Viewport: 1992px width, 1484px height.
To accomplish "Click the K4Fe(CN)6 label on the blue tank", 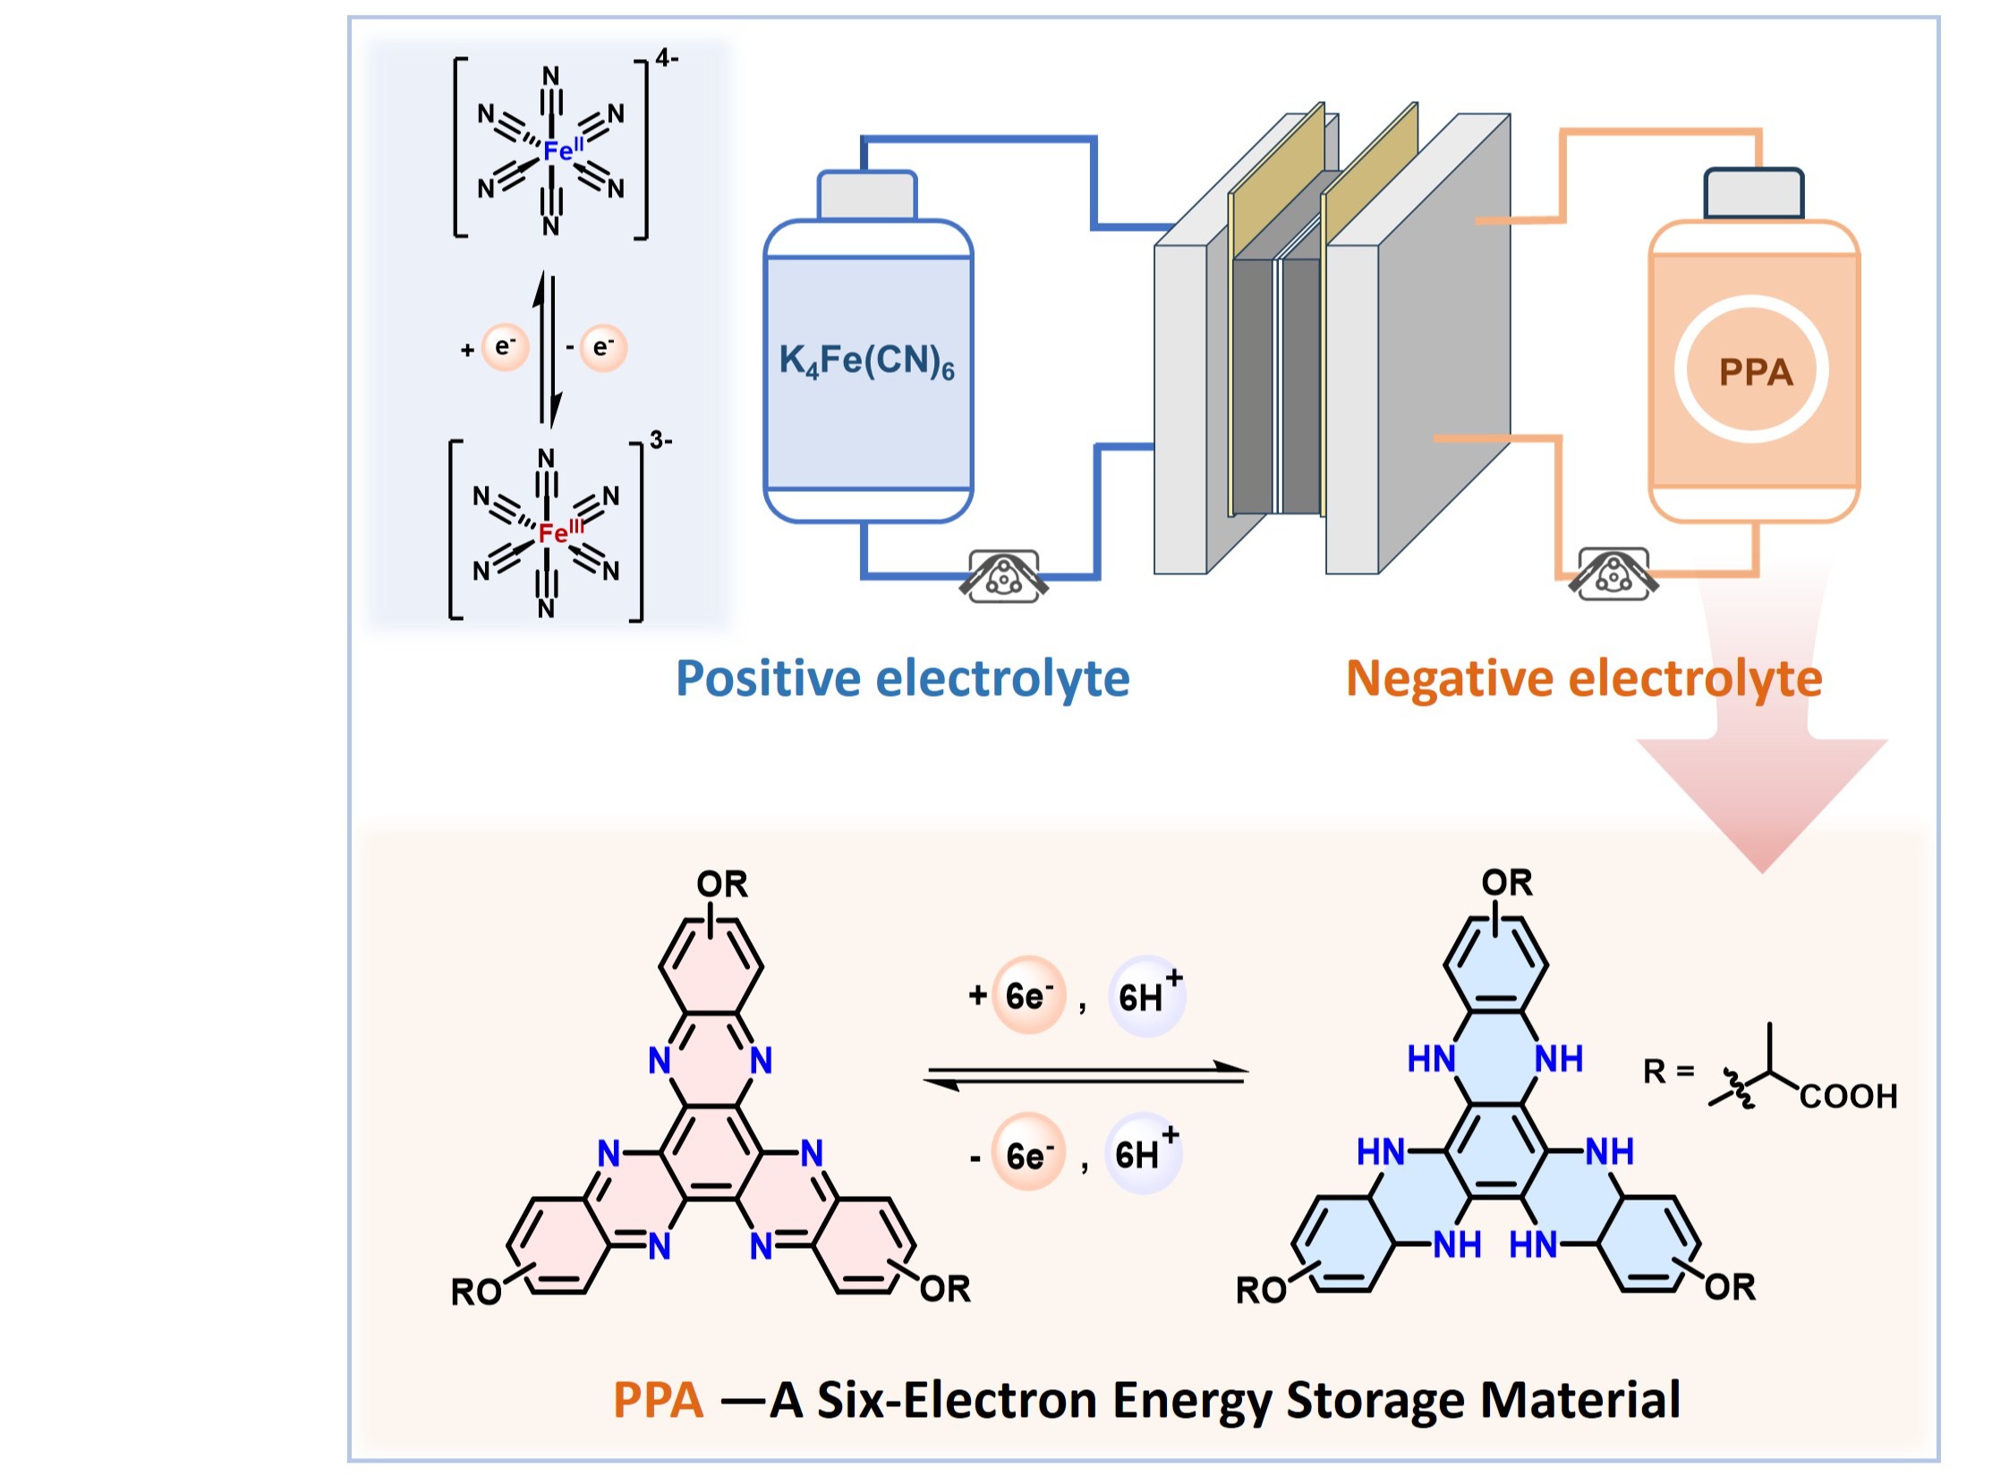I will point(866,362).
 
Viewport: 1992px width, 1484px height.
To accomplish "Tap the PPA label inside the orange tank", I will point(1755,372).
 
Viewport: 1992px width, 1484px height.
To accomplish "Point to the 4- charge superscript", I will point(667,59).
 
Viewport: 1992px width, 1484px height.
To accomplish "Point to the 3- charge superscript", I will point(661,441).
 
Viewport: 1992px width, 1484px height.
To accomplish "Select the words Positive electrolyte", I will point(902,679).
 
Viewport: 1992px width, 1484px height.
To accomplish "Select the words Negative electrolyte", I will point(1583,679).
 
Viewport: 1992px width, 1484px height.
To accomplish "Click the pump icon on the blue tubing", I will point(1003,576).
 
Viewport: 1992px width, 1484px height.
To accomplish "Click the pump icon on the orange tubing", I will point(1613,574).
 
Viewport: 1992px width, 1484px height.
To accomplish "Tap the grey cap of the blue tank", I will point(866,195).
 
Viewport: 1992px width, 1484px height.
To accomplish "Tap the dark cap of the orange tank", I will point(1753,193).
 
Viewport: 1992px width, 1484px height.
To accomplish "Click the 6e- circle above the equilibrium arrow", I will point(1028,996).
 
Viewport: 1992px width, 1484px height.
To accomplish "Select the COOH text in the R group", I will point(1848,1097).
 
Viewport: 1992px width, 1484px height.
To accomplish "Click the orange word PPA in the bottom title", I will point(658,1400).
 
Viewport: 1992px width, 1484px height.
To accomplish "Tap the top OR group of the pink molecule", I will point(721,885).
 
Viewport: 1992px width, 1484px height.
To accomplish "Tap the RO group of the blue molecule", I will point(1261,1290).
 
